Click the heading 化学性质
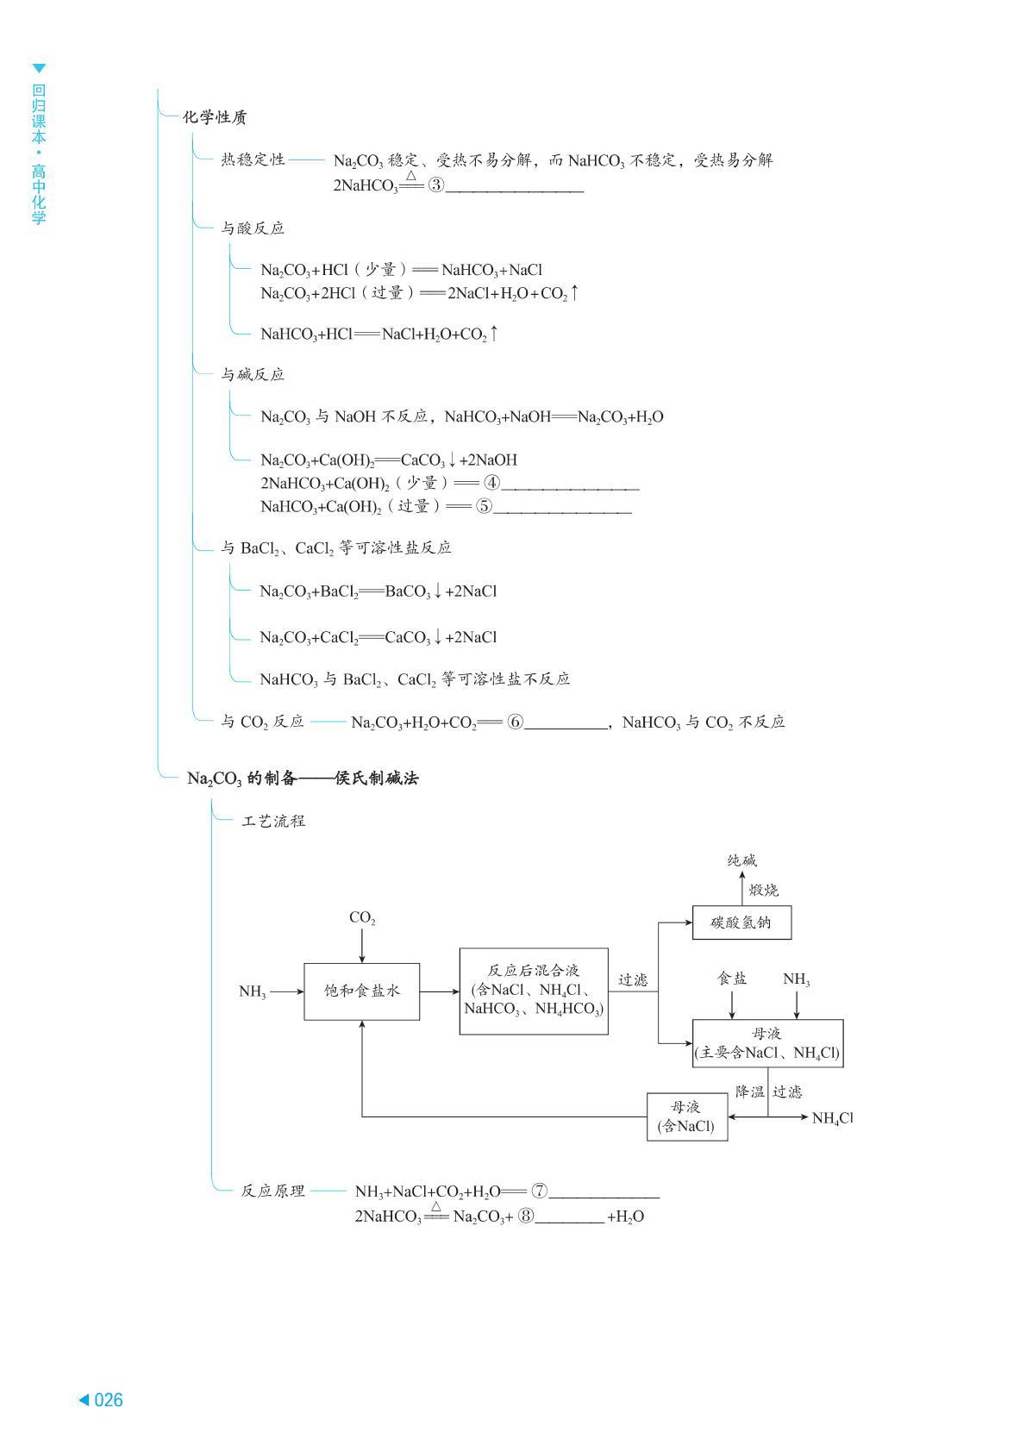(x=215, y=117)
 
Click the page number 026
(x=108, y=1400)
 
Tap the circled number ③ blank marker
(x=436, y=185)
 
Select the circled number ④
(x=492, y=483)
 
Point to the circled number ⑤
(x=484, y=506)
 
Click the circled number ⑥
(x=515, y=722)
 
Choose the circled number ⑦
(x=540, y=1191)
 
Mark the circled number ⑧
(x=526, y=1216)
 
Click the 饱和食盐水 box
(x=361, y=991)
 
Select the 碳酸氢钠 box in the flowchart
(x=741, y=923)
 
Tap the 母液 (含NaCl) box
(x=687, y=1116)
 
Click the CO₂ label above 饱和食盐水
(x=362, y=918)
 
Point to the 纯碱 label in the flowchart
(x=741, y=860)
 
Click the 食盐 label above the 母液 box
(x=732, y=979)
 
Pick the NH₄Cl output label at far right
(x=833, y=1118)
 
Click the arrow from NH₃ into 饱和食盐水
(x=287, y=991)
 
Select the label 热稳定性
(x=253, y=159)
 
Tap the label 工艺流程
(x=273, y=822)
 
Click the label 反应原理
(x=272, y=1191)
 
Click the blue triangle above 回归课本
(x=39, y=69)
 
